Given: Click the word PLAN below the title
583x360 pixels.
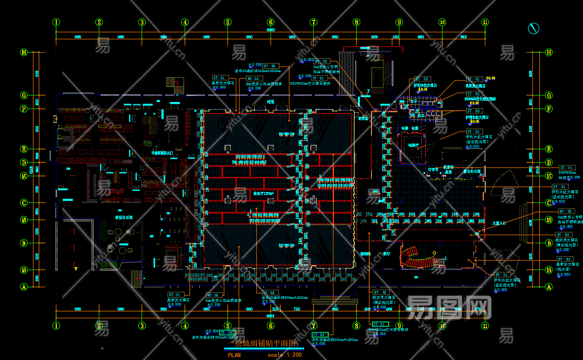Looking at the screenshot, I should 235,355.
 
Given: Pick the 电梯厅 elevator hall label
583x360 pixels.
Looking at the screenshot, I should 414,145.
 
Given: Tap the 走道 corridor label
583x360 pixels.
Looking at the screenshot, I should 270,102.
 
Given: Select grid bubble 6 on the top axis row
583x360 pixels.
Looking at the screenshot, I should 271,23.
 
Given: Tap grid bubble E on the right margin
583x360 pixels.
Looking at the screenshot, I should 548,149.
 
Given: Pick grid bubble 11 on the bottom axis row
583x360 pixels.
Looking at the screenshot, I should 485,326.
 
